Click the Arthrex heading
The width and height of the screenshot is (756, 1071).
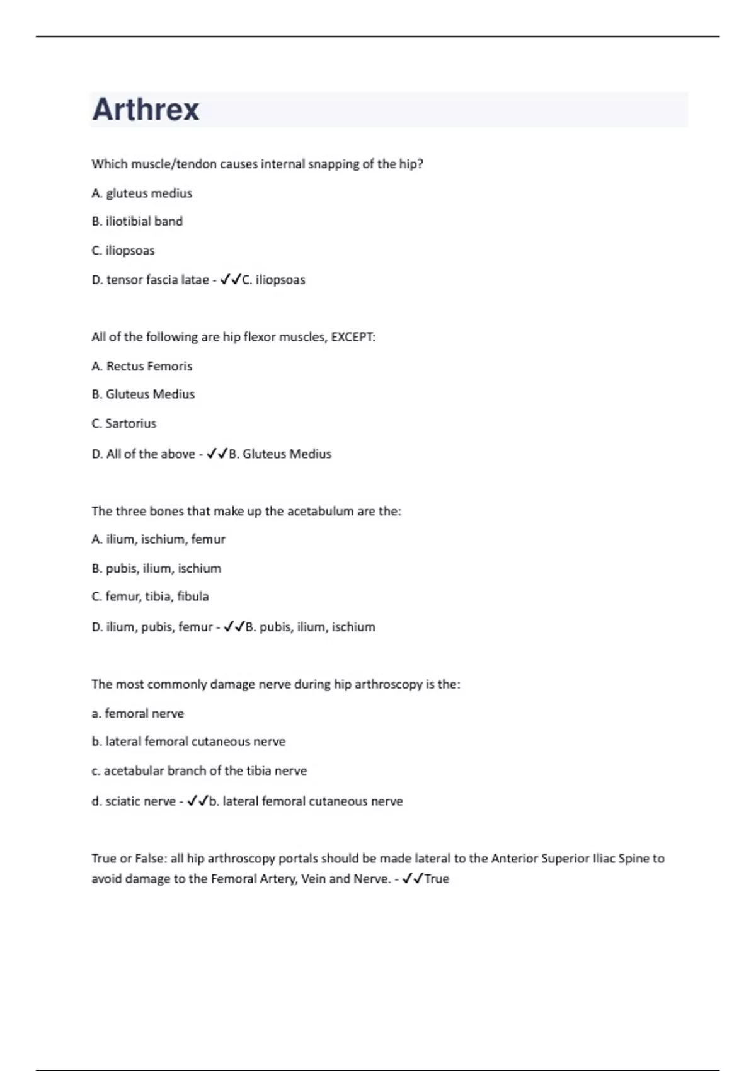pos(146,110)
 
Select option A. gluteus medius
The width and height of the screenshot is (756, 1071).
pos(142,193)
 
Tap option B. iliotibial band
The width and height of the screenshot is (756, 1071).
pos(137,221)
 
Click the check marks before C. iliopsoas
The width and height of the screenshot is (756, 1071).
pos(231,280)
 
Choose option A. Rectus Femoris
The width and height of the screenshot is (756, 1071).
pos(142,366)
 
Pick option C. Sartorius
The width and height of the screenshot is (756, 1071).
pos(124,423)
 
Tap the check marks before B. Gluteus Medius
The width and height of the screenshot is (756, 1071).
pos(217,454)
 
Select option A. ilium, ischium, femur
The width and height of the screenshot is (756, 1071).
pos(158,539)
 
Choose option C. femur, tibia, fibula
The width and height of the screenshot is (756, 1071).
pos(150,596)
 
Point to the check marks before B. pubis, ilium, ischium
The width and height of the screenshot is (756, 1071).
pos(234,627)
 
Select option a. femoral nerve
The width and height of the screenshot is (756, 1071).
pos(138,713)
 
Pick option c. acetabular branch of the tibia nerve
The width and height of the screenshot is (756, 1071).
pos(199,770)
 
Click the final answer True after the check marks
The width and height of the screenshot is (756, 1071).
pos(437,879)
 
